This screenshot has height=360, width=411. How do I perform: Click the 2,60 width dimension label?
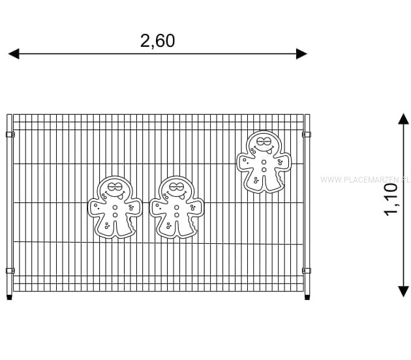click(157, 41)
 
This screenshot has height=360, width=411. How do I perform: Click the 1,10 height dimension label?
click(391, 200)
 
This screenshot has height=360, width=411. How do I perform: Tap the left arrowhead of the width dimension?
click(14, 53)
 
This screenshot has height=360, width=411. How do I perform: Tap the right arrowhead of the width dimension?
click(301, 53)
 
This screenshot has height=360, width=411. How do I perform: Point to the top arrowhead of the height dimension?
click(403, 119)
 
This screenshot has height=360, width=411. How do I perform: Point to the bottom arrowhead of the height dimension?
click(403, 292)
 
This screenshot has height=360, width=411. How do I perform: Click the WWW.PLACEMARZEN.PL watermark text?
click(365, 180)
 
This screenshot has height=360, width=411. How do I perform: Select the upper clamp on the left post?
click(10, 134)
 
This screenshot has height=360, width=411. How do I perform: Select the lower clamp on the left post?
click(10, 271)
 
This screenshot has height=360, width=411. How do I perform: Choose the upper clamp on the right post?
click(307, 134)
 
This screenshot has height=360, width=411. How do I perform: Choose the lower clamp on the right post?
click(307, 271)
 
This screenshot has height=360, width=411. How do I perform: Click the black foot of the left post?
click(9, 297)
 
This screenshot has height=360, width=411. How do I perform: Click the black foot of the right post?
click(307, 297)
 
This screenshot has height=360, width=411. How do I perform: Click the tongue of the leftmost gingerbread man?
click(120, 196)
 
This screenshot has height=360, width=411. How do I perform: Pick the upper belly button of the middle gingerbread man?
click(177, 208)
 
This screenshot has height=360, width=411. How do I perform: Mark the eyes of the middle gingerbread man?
click(175, 187)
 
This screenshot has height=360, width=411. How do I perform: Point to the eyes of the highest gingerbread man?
click(263, 142)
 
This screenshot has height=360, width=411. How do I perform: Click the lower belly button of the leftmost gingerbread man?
click(115, 215)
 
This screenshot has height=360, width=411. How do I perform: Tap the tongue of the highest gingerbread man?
click(269, 151)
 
